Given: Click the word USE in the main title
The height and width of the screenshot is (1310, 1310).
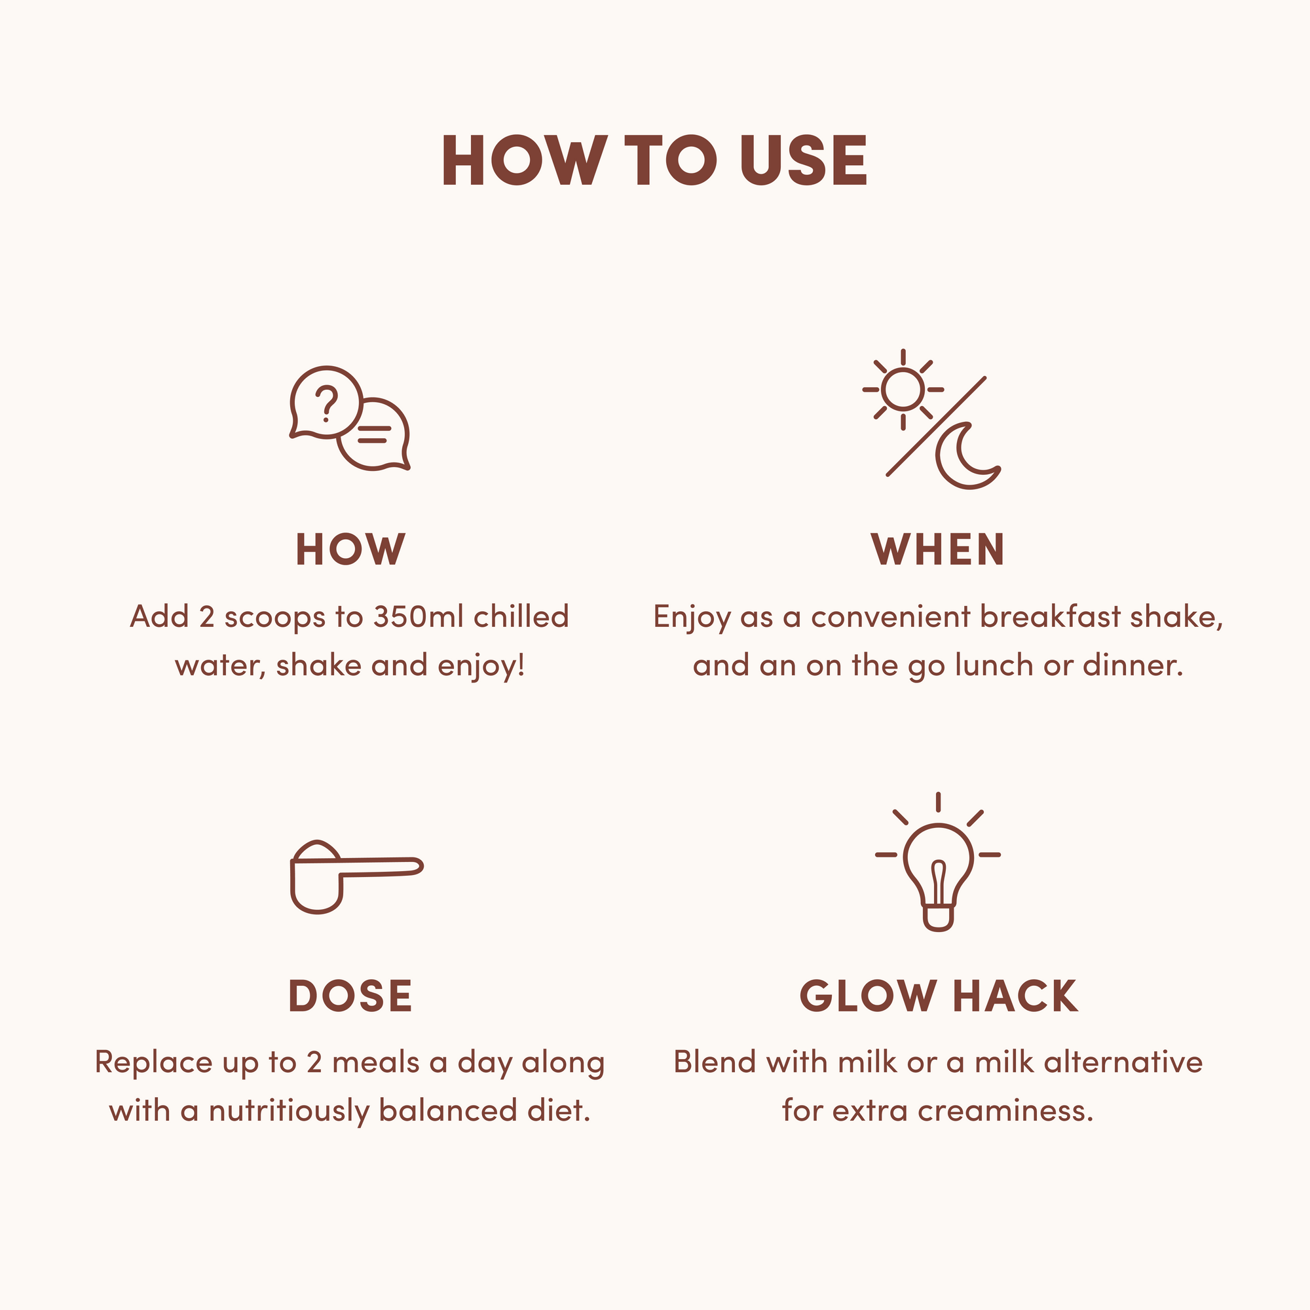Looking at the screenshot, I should [x=804, y=160].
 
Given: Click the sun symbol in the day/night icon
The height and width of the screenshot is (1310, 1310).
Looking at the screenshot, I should [x=903, y=390].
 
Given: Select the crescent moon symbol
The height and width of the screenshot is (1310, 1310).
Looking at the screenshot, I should [x=965, y=457].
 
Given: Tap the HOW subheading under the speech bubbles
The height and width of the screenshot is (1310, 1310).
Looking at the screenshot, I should [x=350, y=550].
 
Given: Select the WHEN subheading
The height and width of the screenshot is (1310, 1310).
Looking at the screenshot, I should [x=938, y=550].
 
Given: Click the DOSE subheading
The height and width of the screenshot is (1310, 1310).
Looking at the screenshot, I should [x=350, y=996].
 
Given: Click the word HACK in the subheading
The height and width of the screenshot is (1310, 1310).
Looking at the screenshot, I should [x=1015, y=996].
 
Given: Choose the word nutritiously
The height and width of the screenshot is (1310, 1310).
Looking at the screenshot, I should [x=288, y=1112].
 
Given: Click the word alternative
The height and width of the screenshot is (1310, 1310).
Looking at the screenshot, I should [x=1123, y=1062].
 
